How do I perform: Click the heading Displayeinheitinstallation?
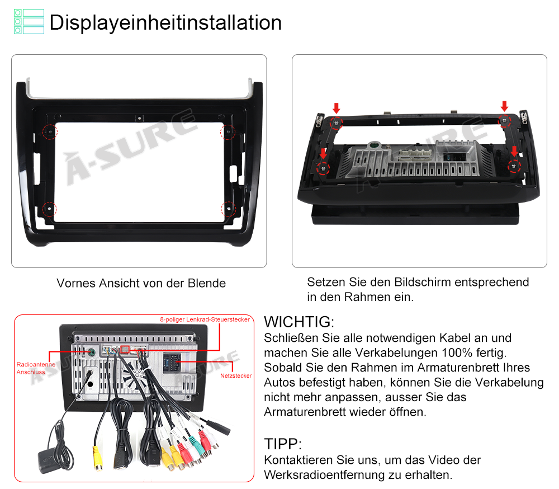[165, 23]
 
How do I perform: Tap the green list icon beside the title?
[29, 22]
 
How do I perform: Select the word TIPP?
[281, 444]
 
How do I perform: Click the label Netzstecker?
[236, 375]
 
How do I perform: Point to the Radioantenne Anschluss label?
[36, 368]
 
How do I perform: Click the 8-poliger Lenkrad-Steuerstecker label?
[205, 319]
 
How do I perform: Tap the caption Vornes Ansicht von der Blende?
[141, 283]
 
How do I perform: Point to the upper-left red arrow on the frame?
[336, 108]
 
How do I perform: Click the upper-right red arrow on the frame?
[504, 106]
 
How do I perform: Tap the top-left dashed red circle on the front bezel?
[50, 131]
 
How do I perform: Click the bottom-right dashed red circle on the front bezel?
[228, 209]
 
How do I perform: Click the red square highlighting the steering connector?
[125, 350]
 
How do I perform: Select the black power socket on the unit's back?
[171, 363]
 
